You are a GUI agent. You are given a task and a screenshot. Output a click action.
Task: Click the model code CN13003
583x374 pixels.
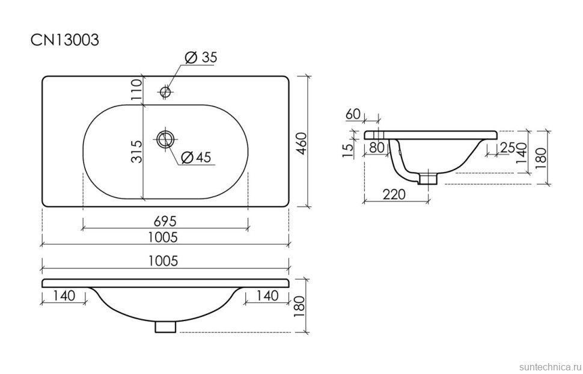(x=65, y=40)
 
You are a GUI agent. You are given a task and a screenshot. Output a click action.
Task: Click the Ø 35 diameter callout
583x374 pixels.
(x=201, y=57)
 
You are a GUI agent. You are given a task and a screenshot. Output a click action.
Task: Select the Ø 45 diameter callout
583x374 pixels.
(x=197, y=158)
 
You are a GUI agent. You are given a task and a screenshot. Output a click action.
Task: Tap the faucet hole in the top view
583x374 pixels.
(x=165, y=91)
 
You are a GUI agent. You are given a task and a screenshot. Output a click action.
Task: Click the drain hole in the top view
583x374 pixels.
(x=165, y=139)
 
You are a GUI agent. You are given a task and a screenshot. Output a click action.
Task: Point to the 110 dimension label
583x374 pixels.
(x=137, y=90)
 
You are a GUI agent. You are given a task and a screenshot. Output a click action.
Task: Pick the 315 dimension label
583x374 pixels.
(x=137, y=152)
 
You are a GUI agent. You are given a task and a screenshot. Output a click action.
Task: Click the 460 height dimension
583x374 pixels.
(x=301, y=144)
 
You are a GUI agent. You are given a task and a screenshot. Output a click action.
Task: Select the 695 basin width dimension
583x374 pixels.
(x=165, y=221)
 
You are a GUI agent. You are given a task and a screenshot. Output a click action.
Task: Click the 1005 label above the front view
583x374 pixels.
(x=163, y=261)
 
